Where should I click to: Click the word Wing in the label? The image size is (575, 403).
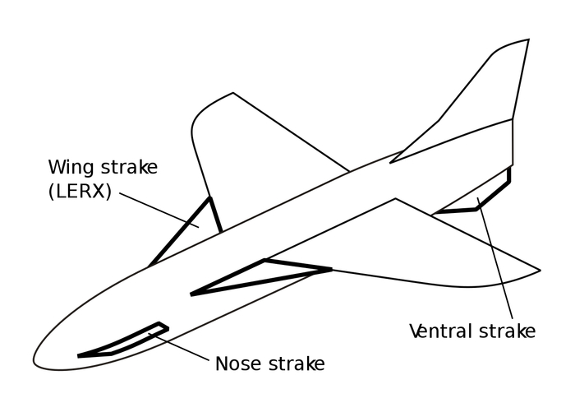[x=72, y=168]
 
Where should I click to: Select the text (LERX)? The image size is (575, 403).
[x=80, y=191]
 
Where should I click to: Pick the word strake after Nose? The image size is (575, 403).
[x=297, y=364]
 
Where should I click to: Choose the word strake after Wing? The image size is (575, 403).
[x=130, y=167]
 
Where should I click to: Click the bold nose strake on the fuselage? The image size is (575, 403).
[x=123, y=340]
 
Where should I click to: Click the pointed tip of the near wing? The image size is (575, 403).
[x=540, y=271]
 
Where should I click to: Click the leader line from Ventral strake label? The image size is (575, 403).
[x=495, y=258]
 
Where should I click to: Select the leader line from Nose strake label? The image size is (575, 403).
[x=179, y=346]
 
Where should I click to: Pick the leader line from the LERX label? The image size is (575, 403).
[x=159, y=210]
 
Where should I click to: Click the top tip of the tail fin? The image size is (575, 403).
[x=528, y=39]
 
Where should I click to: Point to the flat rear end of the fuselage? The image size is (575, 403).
[x=513, y=142]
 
